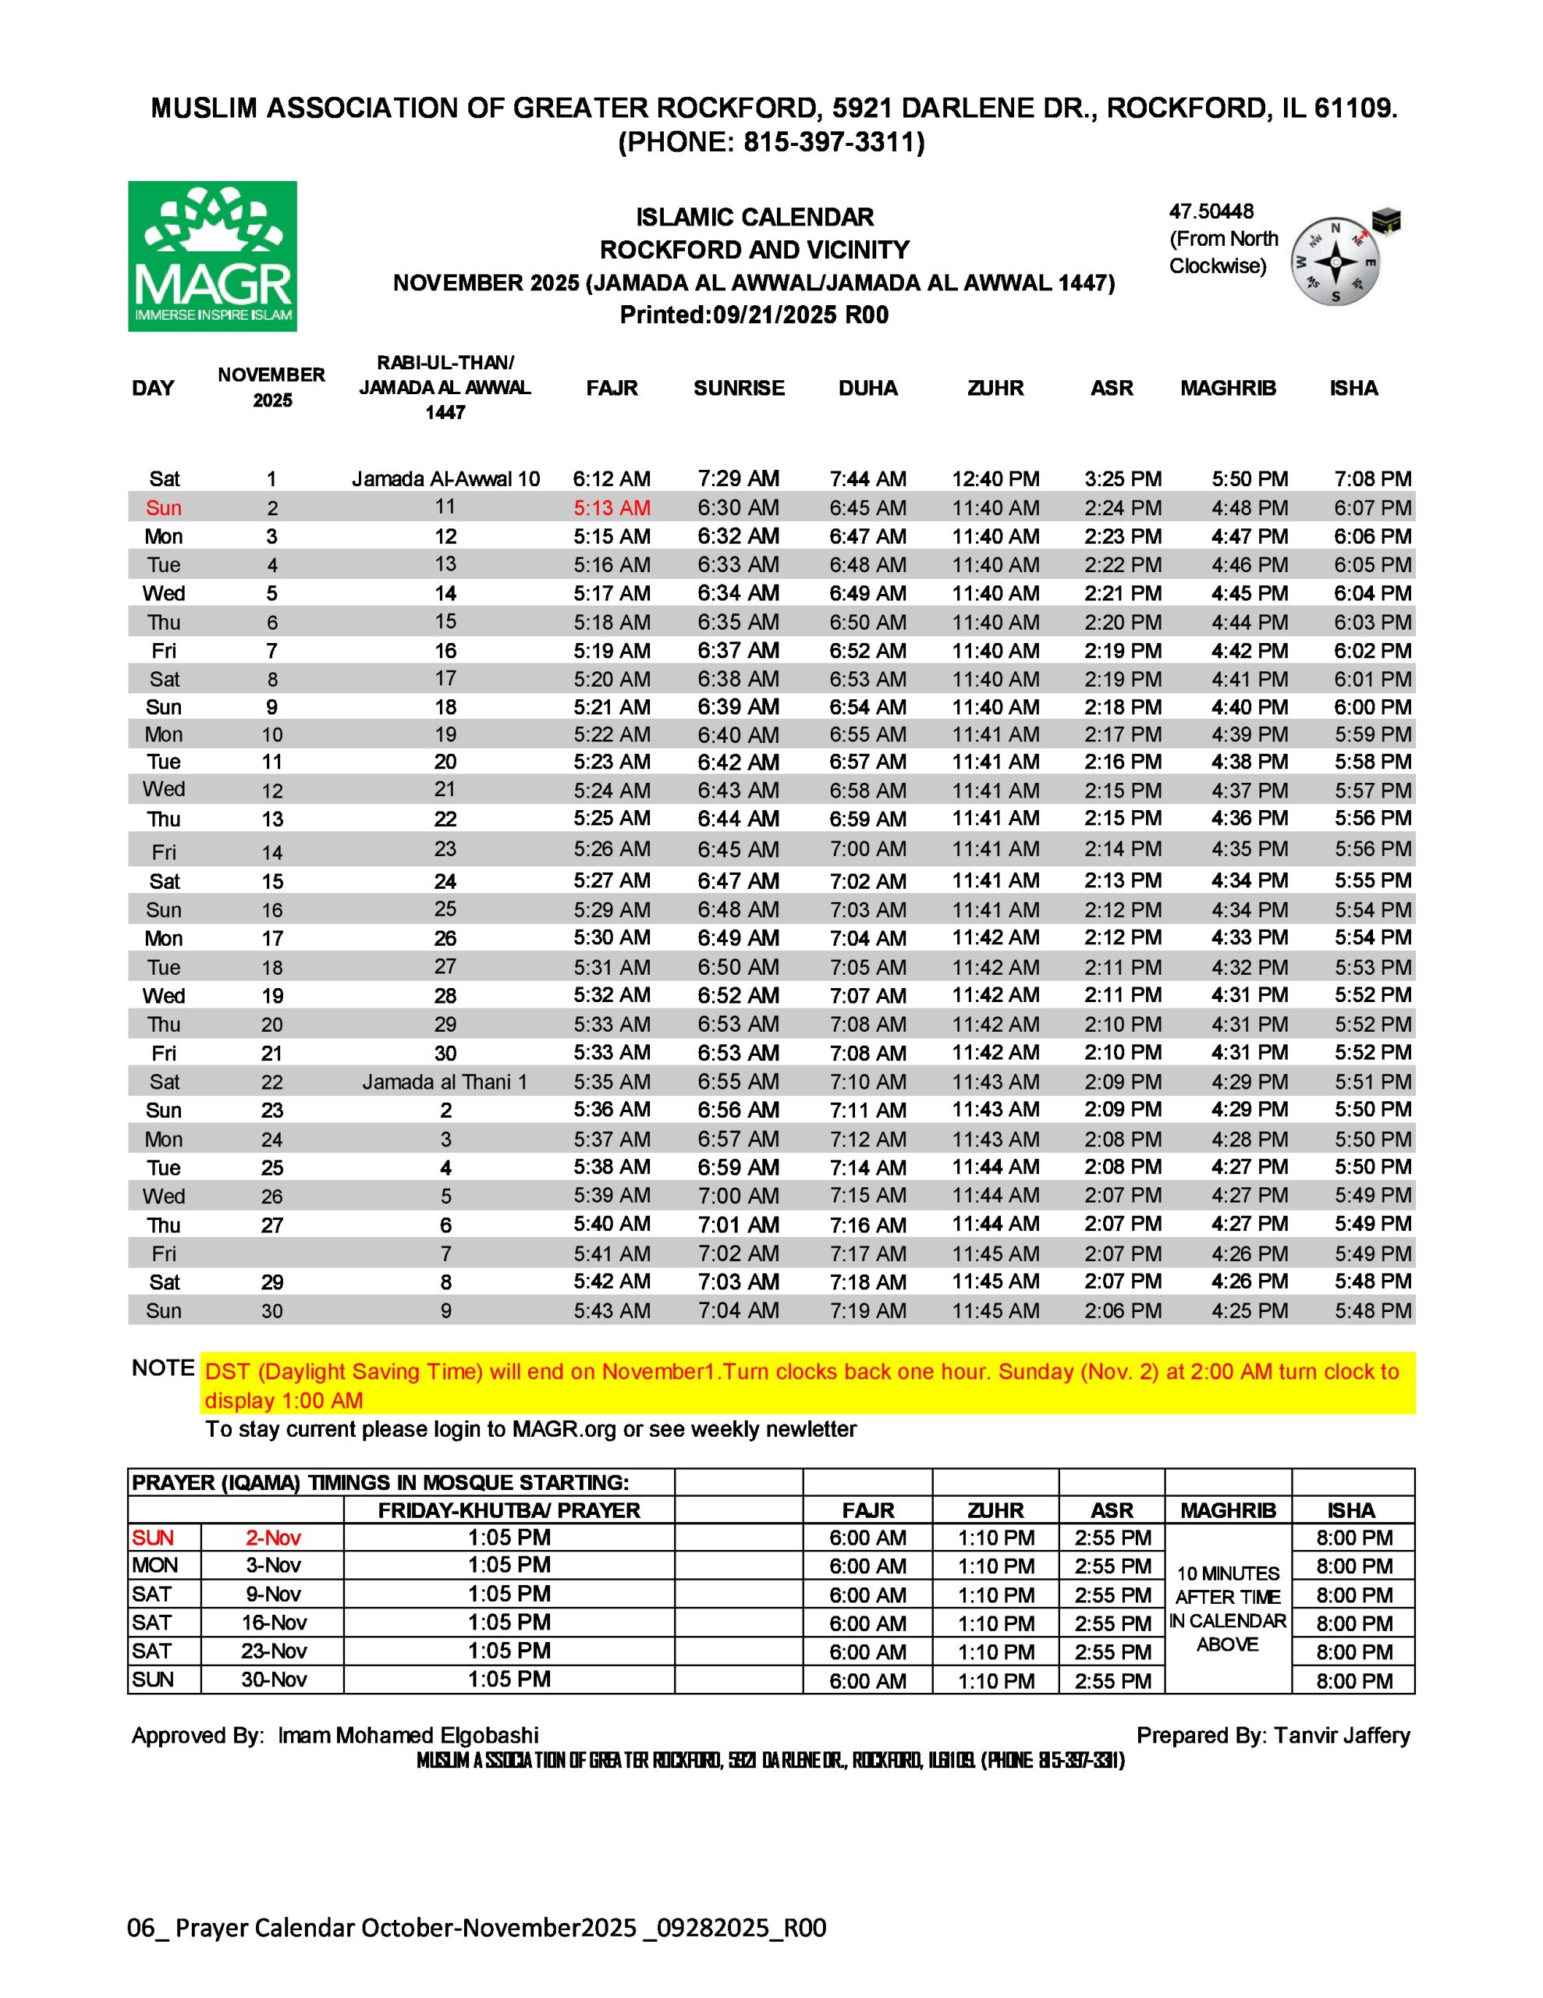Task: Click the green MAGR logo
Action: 212,256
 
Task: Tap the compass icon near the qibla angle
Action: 1335,261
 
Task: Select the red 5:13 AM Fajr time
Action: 611,508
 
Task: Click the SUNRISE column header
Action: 738,388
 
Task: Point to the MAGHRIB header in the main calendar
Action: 1227,388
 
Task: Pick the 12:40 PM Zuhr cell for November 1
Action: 995,478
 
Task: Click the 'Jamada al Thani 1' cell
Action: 445,1081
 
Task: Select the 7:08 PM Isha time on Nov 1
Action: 1372,478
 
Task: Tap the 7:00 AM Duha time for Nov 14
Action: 867,849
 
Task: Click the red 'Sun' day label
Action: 164,508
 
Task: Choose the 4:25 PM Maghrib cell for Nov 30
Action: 1250,1310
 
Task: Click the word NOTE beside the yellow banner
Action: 163,1367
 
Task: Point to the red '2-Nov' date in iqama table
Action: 272,1538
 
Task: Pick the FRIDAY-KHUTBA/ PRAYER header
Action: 509,1510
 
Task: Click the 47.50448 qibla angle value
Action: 1211,212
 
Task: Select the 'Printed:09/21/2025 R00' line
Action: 754,315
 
